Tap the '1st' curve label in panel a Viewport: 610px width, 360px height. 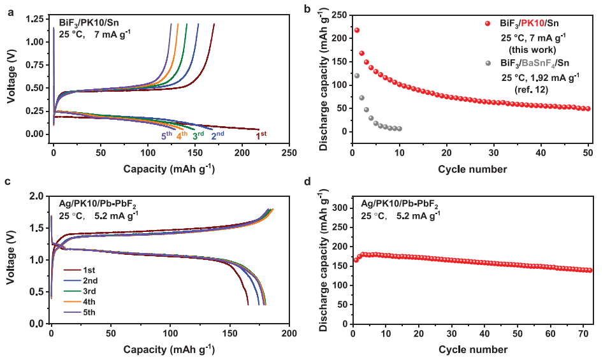[x=261, y=135]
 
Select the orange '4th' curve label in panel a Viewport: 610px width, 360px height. [x=182, y=135]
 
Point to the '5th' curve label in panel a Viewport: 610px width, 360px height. [x=166, y=135]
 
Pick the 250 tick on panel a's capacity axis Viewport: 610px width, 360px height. [x=289, y=154]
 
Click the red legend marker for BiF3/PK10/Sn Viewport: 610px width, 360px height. [x=488, y=24]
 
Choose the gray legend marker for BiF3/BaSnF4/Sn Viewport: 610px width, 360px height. [x=488, y=63]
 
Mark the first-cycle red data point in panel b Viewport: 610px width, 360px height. [x=357, y=30]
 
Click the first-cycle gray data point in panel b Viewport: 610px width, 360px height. [x=357, y=76]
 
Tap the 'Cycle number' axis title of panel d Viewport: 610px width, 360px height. [x=473, y=349]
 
